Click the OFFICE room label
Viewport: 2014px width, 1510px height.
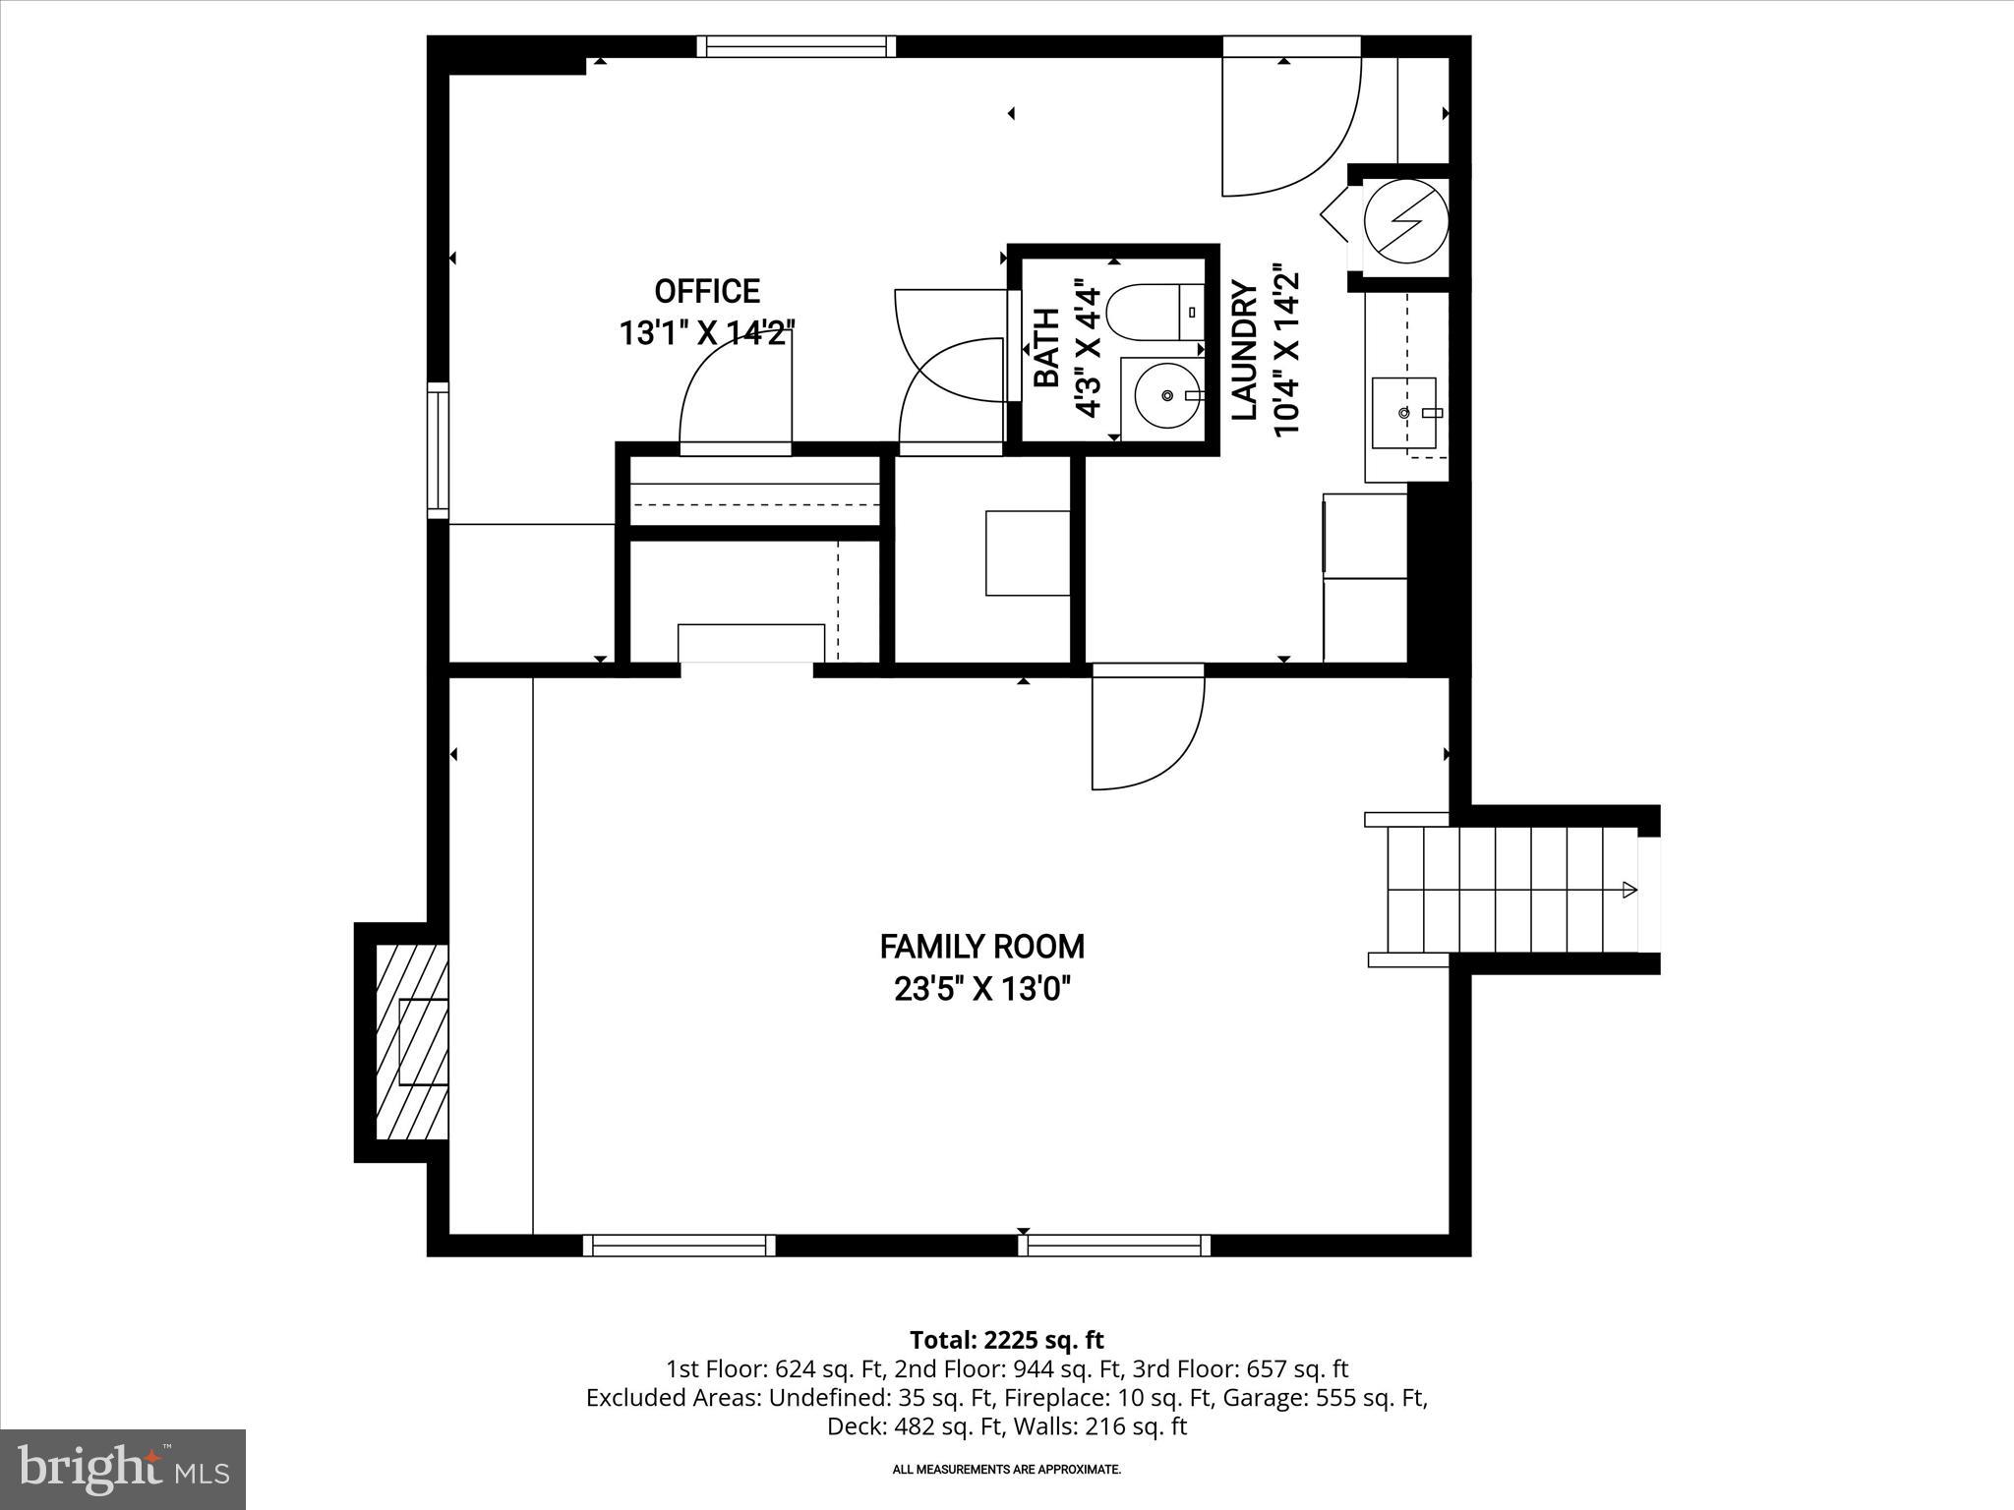(x=707, y=292)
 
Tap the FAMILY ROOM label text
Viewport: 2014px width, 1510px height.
(x=981, y=947)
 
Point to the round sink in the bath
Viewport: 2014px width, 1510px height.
(x=1166, y=395)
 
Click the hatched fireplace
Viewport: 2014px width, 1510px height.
(x=412, y=1042)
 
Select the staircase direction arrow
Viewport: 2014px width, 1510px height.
(x=1628, y=890)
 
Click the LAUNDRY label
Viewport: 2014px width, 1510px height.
(x=1245, y=351)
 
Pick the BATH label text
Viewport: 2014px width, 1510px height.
(x=1046, y=348)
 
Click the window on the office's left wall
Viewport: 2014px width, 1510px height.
(x=438, y=450)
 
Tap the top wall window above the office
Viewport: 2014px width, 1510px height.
(x=797, y=46)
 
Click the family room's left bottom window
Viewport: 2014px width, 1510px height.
(x=679, y=1246)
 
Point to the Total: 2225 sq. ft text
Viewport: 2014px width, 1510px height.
(x=1006, y=1340)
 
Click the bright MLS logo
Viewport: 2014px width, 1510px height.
(x=123, y=1469)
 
